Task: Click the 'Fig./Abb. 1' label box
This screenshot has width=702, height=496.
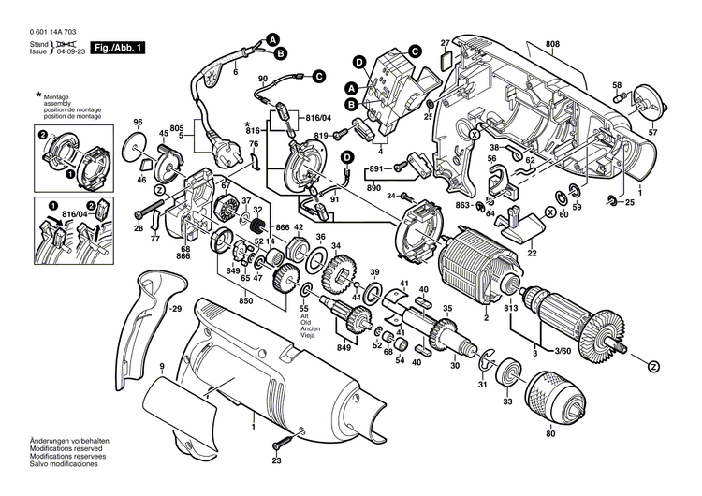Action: coord(119,47)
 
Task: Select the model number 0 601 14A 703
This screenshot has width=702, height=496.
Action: coord(52,31)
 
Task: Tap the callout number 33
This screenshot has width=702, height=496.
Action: coord(508,401)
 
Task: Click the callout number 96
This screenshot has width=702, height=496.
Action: coord(138,124)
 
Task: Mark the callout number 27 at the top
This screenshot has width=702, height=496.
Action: coord(446,42)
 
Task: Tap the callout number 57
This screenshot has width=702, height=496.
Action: coord(653,133)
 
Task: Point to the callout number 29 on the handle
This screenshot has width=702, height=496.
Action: coord(174,308)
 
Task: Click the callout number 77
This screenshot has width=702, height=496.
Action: coord(155,240)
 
